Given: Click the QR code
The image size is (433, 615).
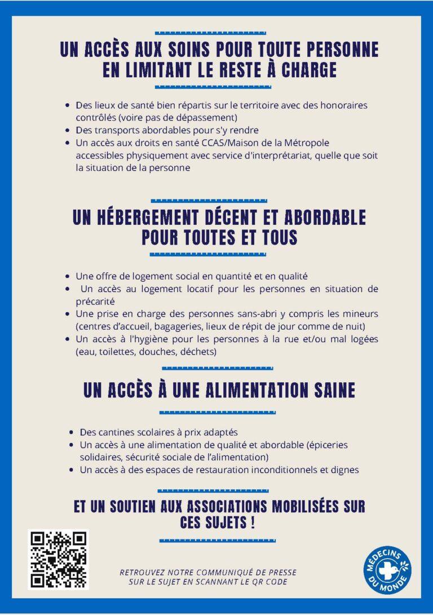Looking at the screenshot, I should [59, 559].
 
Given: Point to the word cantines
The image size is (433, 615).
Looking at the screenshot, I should [114, 432].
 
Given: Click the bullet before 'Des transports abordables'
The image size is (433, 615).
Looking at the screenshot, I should [68, 130].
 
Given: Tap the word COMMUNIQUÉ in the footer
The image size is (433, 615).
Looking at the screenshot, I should [216, 572].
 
